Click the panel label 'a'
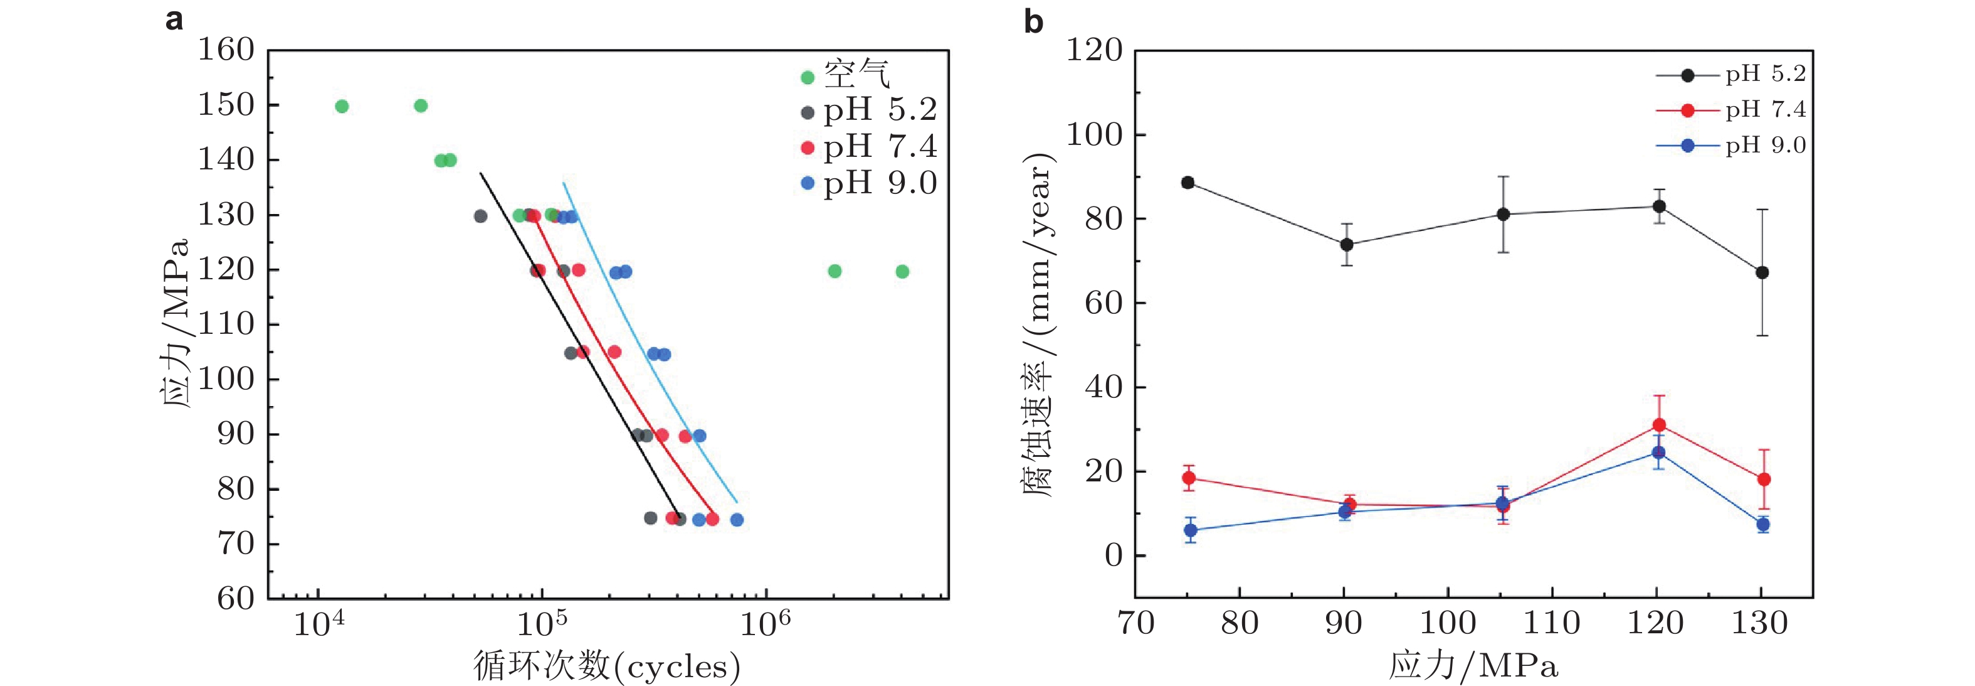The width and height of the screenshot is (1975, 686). tap(174, 20)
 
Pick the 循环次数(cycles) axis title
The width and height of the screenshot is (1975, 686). tap(606, 665)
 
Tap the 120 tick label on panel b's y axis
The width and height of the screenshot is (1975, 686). tap(1094, 51)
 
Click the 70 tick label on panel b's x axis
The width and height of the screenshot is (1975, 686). tap(1135, 623)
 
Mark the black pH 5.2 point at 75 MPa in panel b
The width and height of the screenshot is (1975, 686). tap(1188, 183)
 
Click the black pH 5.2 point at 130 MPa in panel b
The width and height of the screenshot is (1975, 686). tap(1762, 272)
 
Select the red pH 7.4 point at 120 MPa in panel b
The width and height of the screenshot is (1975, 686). tap(1659, 425)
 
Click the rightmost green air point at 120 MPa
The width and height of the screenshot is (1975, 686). tap(902, 272)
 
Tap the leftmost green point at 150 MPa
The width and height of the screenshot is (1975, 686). tap(342, 107)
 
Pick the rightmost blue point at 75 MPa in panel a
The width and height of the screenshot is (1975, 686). tap(737, 520)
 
